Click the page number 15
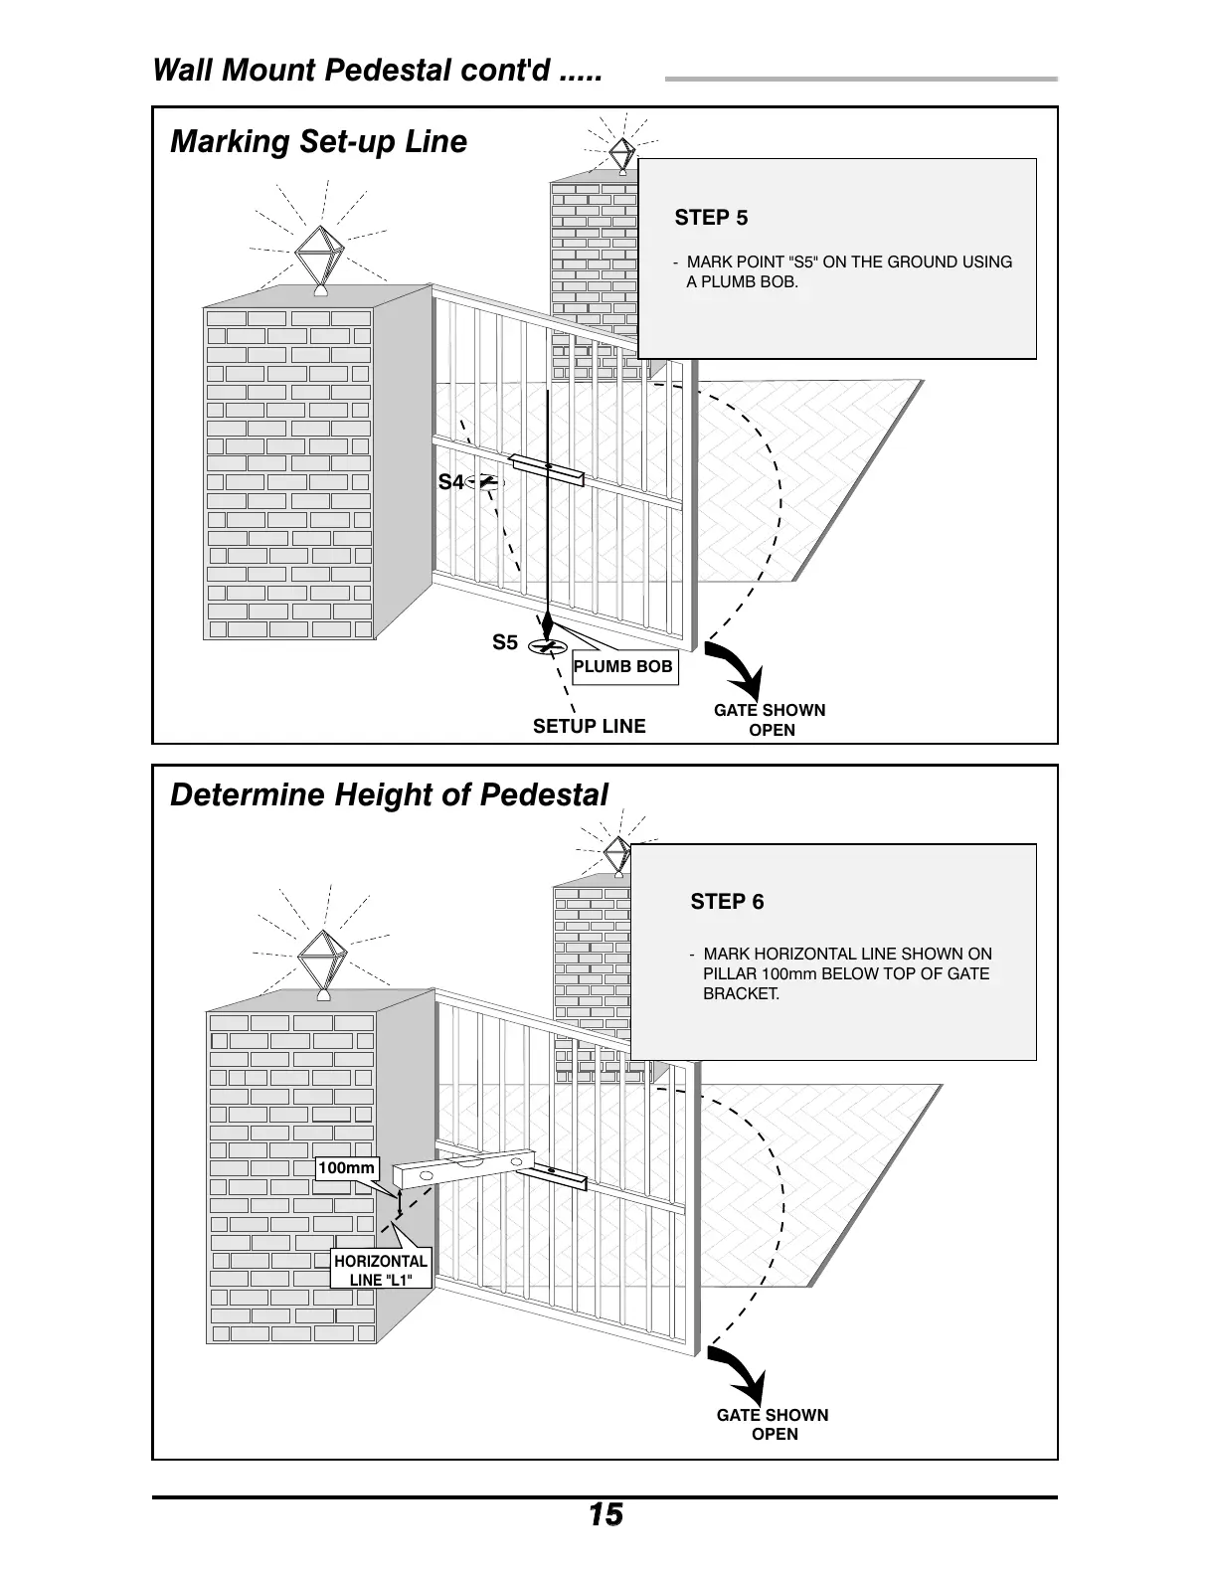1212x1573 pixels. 605,1515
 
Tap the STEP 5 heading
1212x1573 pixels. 711,218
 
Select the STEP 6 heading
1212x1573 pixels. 727,902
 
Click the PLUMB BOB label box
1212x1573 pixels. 623,666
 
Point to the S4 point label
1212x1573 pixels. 450,482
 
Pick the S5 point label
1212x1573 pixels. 505,643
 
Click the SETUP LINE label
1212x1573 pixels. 589,726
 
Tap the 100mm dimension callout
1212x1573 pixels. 346,1168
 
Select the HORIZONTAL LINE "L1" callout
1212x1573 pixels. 381,1270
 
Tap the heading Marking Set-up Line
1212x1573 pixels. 318,142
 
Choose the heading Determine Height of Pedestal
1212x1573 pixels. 389,795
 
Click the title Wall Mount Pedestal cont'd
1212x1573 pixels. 377,72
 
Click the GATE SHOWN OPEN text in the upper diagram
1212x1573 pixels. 770,720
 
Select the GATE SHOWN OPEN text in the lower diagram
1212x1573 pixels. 773,1424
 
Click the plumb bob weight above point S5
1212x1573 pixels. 547,625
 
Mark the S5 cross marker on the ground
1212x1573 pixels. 544,646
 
